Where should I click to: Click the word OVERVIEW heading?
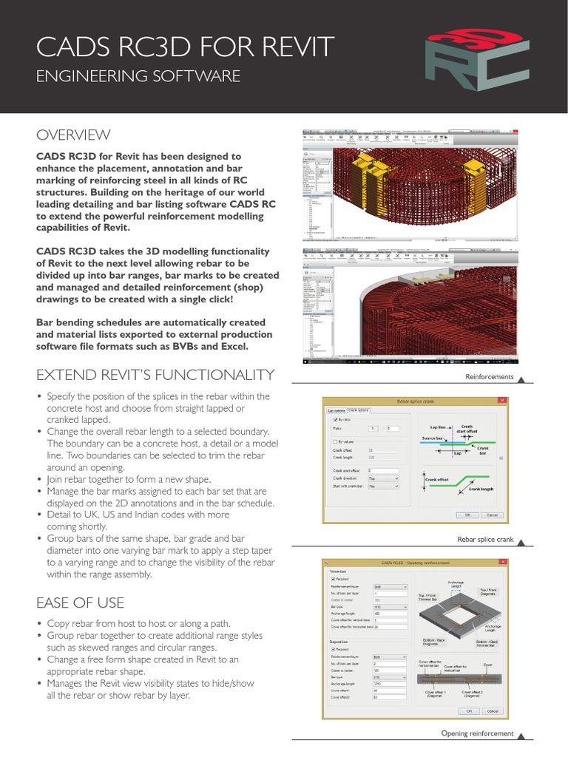coord(73,135)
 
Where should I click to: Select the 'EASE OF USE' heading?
coord(80,602)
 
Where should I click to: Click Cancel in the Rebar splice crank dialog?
coord(491,515)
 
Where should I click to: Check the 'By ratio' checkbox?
coord(336,419)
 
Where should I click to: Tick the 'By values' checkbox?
coord(336,442)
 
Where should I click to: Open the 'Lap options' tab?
coord(336,410)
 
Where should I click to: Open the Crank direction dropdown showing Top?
coord(383,478)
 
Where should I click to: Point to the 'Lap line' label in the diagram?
coord(438,427)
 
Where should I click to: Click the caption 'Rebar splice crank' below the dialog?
coord(485,540)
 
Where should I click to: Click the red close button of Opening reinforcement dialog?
coord(504,563)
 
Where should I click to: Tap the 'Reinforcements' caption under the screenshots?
coord(489,377)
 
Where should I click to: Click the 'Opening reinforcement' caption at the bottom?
coord(477,733)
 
